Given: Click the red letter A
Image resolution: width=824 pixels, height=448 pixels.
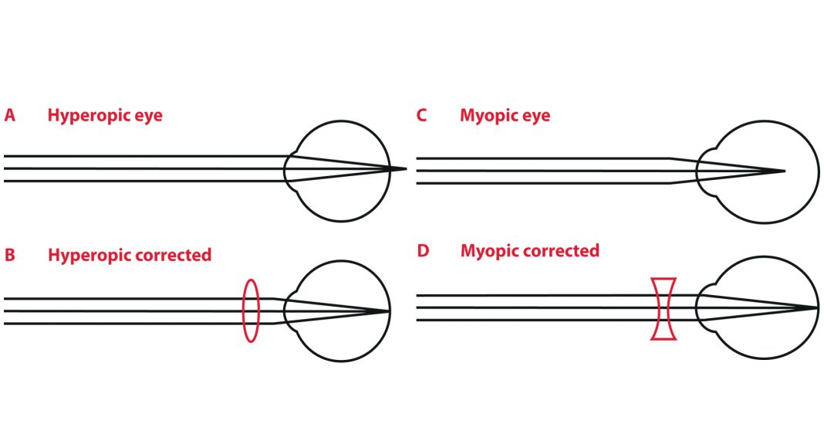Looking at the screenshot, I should [x=9, y=116].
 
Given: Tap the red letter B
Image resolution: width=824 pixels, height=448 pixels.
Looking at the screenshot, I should [x=9, y=255].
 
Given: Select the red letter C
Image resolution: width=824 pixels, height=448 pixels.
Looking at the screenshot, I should [x=421, y=116].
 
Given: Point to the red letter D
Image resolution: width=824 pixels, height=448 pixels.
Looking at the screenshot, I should [x=422, y=252].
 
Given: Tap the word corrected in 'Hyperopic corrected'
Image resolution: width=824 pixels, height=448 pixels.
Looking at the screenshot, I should [x=171, y=255].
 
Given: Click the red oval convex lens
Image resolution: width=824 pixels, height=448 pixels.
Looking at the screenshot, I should [x=251, y=311].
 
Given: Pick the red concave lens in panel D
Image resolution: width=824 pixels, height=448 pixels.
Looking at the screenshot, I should [x=664, y=308].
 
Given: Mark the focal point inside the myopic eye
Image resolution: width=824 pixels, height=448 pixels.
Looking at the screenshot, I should [x=784, y=171].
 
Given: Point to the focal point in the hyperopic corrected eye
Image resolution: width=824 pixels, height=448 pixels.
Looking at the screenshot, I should [x=389, y=311].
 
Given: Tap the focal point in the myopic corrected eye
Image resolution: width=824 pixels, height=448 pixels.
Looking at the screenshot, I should [x=816, y=307].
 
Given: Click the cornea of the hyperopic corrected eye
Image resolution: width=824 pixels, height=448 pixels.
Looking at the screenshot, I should [x=288, y=311].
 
